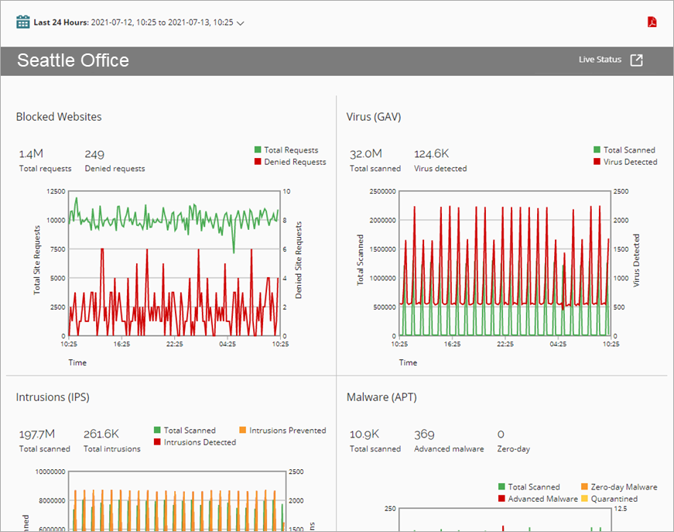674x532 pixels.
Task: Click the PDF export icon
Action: click(652, 22)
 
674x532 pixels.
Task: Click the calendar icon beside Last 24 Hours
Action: click(23, 22)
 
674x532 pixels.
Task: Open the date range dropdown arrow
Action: click(241, 23)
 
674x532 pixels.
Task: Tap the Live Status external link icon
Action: click(636, 60)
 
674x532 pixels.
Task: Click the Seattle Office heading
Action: click(73, 60)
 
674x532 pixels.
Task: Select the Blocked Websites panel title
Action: click(59, 117)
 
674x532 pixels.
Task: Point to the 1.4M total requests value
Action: click(31, 154)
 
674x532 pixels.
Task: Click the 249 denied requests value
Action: click(94, 154)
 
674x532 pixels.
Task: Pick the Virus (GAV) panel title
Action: click(374, 117)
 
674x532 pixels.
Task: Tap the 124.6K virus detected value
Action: click(432, 154)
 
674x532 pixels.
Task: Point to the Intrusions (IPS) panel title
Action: click(53, 397)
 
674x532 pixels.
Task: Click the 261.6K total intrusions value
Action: click(101, 434)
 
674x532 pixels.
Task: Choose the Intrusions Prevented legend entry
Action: click(287, 431)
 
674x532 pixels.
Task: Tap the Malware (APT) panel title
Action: click(381, 397)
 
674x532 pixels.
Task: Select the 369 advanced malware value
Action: click(424, 434)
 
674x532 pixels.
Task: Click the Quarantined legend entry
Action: click(613, 499)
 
